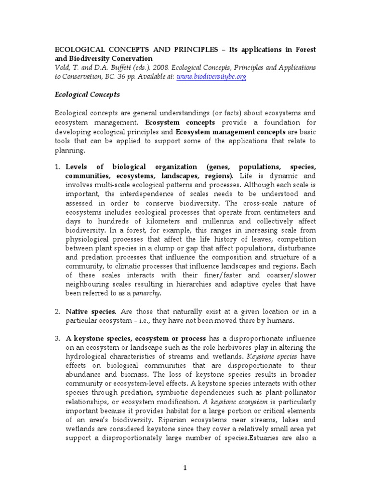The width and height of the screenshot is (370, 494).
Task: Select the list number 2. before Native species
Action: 56,312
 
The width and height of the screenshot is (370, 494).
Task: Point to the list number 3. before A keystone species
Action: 56,339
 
